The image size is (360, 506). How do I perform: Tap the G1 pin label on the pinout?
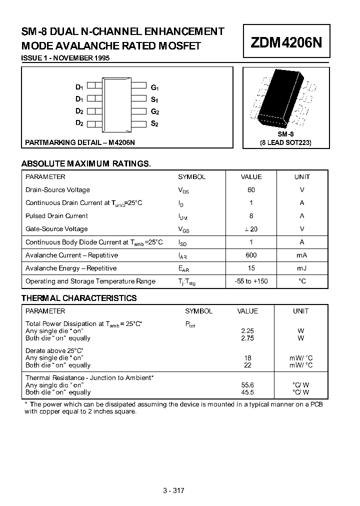tap(154, 87)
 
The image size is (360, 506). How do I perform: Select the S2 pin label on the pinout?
tap(154, 123)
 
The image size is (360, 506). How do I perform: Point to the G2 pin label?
tap(154, 111)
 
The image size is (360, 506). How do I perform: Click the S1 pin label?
tap(154, 99)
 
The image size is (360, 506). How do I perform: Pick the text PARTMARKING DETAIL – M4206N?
tap(80, 142)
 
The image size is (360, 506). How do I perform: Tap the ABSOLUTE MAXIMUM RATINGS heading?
tap(86, 163)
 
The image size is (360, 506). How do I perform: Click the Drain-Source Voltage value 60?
tap(251, 190)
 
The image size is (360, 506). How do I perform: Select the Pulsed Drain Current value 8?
tap(251, 216)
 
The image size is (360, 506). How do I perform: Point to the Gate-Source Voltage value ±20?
tap(251, 229)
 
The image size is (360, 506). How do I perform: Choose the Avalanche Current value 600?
tap(251, 255)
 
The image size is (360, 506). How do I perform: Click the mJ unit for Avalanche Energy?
tap(301, 268)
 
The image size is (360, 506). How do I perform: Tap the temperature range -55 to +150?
tap(251, 281)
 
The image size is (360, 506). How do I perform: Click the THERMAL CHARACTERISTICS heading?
tap(79, 298)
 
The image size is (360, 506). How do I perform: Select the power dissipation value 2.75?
tap(247, 338)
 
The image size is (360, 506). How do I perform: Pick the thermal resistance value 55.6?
tap(247, 385)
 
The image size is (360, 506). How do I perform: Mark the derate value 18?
tap(247, 358)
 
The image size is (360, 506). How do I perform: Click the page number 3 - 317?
tap(174, 490)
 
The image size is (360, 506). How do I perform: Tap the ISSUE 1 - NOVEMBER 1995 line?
tap(65, 58)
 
